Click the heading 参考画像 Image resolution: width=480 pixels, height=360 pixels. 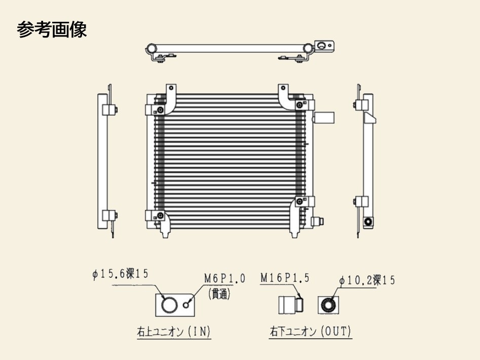52,30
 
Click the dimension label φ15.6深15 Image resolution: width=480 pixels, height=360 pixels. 120,274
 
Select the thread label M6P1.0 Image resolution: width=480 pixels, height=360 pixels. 225,278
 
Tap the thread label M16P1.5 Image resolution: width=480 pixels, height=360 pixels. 284,278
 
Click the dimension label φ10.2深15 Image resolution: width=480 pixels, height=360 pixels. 367,280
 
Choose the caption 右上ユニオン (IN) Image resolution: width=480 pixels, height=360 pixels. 173,332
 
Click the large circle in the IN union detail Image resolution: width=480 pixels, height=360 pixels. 169,305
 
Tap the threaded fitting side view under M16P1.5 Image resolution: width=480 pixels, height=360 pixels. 290,305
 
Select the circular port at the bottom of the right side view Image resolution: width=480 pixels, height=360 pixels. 368,222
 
